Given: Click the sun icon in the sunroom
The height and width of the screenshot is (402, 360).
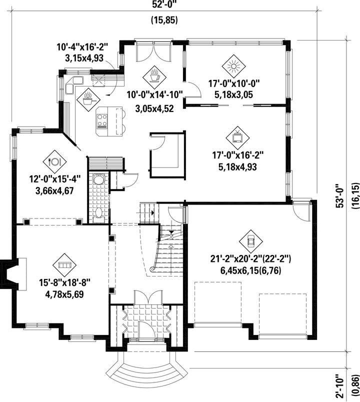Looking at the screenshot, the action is pyautogui.click(x=233, y=66).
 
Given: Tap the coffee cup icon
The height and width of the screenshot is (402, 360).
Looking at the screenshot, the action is pyautogui.click(x=154, y=76).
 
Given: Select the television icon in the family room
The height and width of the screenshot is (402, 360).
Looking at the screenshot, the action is pyautogui.click(x=237, y=138).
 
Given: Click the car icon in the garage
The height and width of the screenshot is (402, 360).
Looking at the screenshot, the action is pyautogui.click(x=251, y=241).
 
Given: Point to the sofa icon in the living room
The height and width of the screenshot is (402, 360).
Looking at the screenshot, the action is pyautogui.click(x=64, y=265).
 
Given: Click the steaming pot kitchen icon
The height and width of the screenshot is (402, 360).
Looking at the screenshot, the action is pyautogui.click(x=88, y=99).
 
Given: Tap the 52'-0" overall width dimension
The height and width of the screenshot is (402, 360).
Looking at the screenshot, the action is pyautogui.click(x=164, y=4).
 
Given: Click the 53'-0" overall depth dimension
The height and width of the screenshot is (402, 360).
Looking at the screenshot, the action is pyautogui.click(x=340, y=195).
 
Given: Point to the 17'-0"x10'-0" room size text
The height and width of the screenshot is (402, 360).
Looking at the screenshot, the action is pyautogui.click(x=234, y=83).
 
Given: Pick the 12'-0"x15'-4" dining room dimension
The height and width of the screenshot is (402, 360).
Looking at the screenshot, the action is pyautogui.click(x=54, y=179).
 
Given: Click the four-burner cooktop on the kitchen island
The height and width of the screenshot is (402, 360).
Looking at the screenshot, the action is pyautogui.click(x=102, y=121).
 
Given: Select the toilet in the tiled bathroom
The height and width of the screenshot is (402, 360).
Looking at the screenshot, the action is pyautogui.click(x=98, y=213).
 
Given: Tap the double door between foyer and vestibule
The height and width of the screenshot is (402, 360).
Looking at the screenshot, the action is pyautogui.click(x=148, y=297).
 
